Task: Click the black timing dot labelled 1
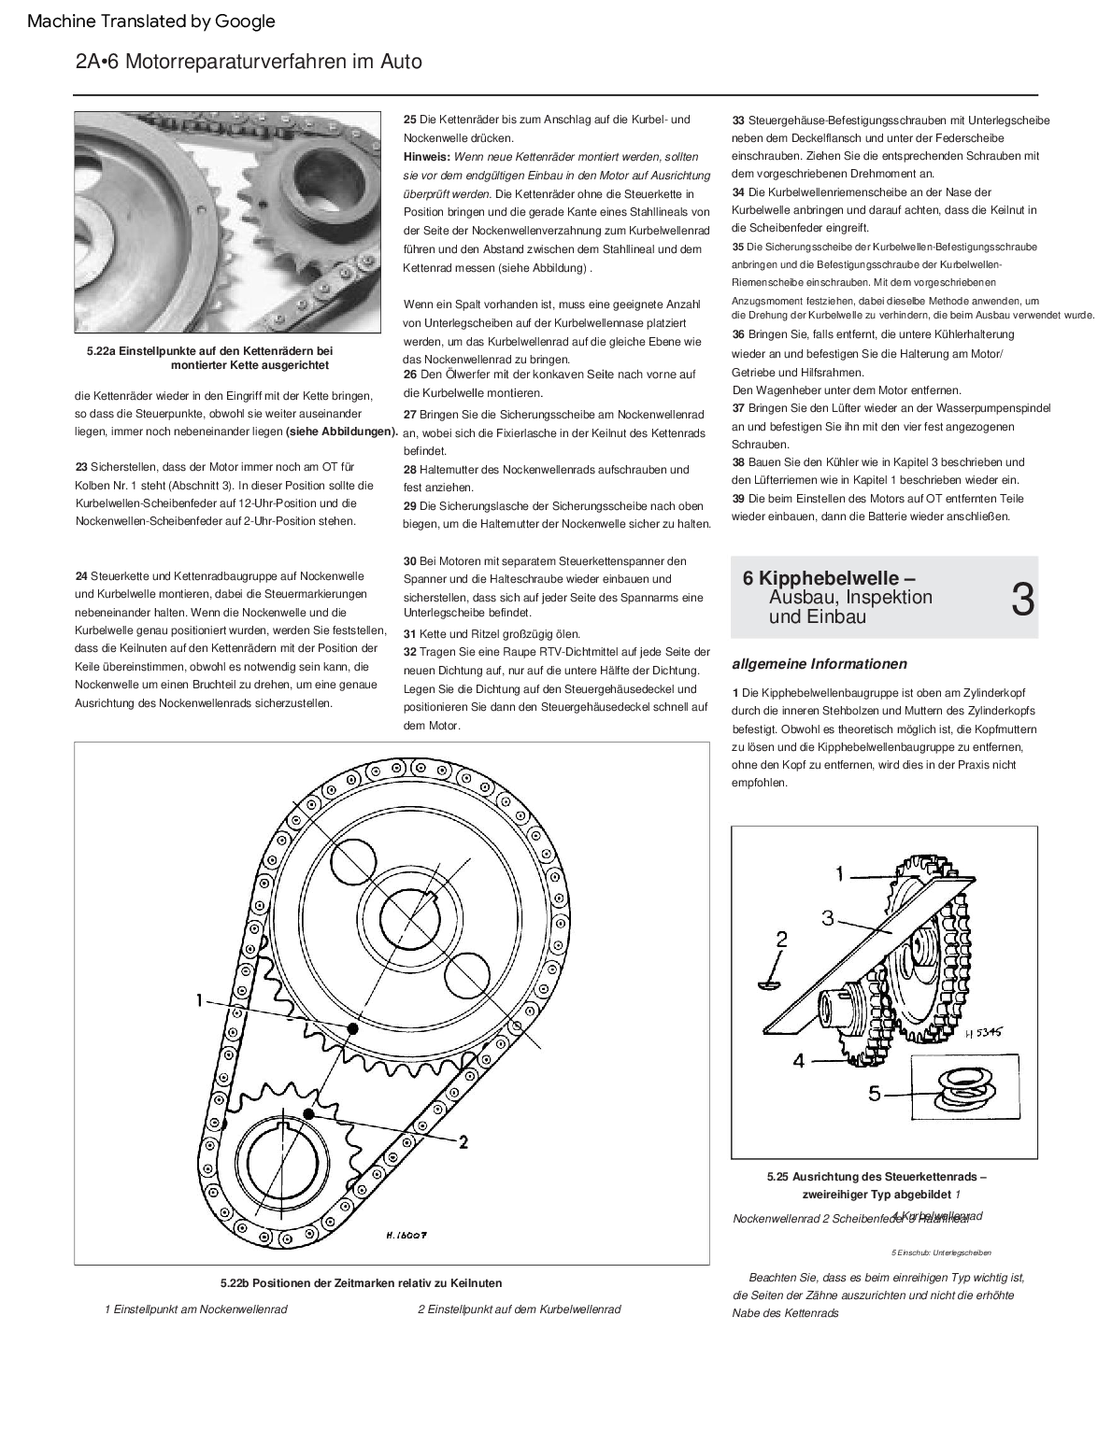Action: coord(352,1028)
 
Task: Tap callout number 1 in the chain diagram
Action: coord(199,1000)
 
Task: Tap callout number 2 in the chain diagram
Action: coord(463,1140)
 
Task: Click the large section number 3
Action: coord(1022,600)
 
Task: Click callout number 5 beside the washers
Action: coord(875,1092)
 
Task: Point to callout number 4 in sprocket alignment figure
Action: coord(799,1060)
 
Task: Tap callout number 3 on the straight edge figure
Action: coord(828,918)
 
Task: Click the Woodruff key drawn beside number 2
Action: coord(772,982)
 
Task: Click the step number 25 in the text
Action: coord(410,120)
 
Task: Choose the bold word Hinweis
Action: coord(426,156)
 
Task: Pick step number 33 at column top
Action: coord(738,120)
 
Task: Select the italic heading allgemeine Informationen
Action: coord(820,664)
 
